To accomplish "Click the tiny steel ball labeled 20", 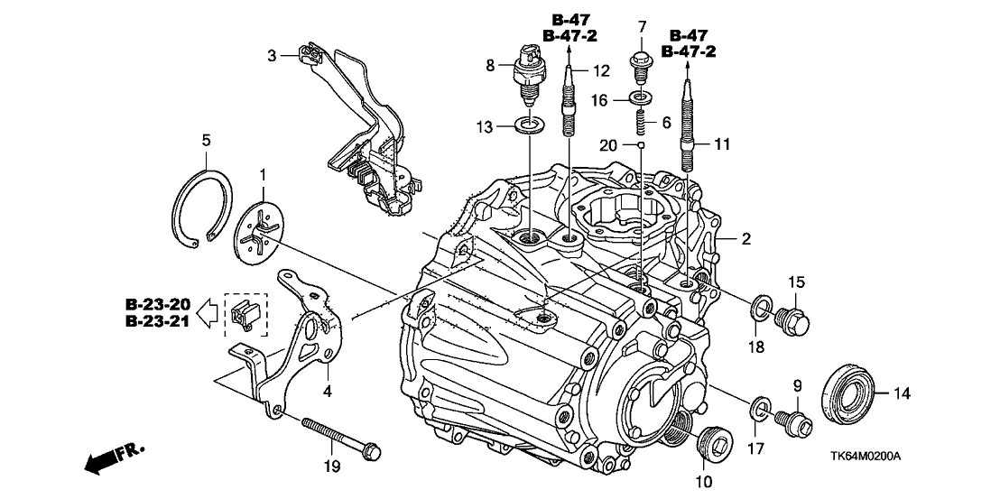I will pyautogui.click(x=639, y=143).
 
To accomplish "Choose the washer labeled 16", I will pyautogui.click(x=640, y=96).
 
